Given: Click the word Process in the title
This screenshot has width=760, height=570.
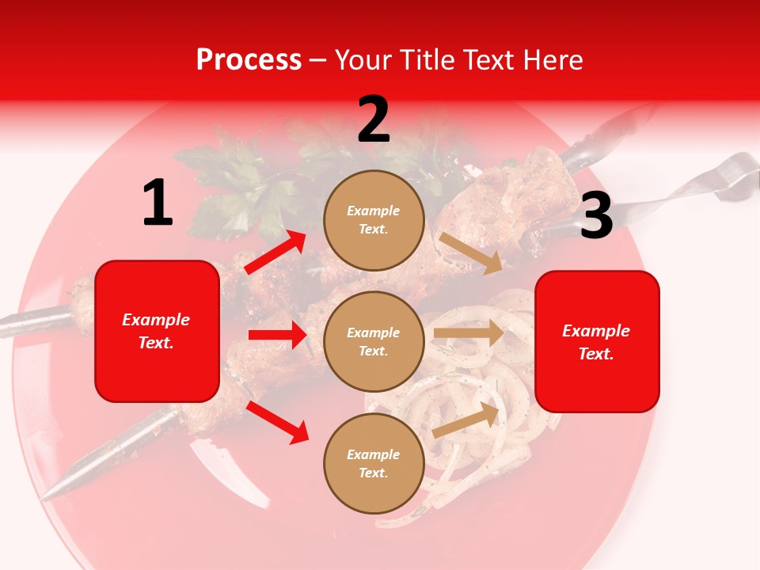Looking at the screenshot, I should pos(249,60).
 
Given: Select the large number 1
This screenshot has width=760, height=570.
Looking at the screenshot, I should pos(158,203).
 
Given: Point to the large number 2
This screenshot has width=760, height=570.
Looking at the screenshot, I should pos(374,120).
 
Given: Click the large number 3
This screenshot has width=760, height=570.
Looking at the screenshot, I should pos(596,215).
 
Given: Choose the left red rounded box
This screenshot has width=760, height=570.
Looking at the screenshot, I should pos(157,331).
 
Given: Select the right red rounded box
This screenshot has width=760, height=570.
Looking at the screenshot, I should pos(597,341).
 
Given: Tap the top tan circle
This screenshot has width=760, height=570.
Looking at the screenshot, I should pos(374,220).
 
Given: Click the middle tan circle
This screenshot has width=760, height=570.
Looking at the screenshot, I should pos(374,341).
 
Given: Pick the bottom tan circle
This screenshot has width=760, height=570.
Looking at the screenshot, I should pos(374,463).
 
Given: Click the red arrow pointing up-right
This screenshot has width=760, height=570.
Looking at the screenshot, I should pos(275,253).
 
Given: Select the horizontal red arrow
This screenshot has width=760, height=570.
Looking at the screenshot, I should pos(277,335).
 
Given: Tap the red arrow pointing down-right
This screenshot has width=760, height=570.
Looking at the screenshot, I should pos(277,422).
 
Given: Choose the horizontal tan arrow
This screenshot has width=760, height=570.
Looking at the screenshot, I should pos(469,332).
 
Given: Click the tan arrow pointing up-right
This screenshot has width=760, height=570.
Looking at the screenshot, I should pos(465,420).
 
